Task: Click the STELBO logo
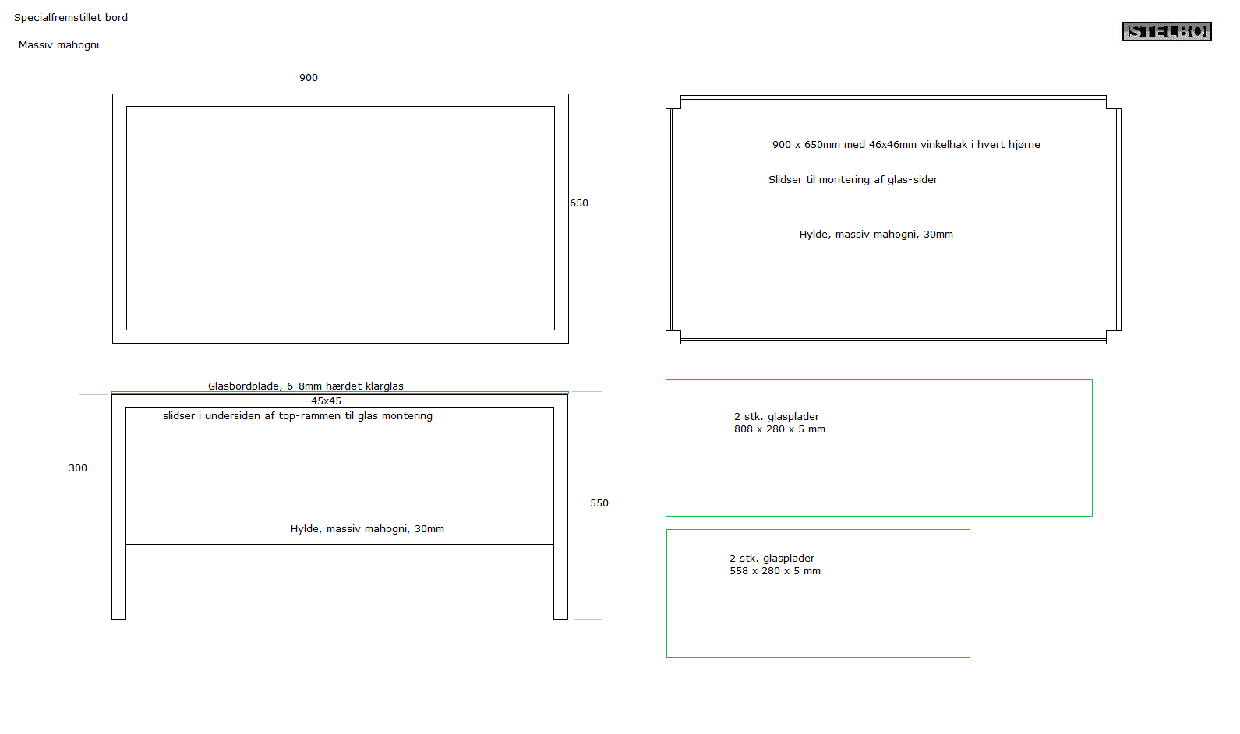pyautogui.click(x=1167, y=31)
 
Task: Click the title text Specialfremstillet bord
pyautogui.click(x=71, y=18)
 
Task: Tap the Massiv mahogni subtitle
pyautogui.click(x=58, y=45)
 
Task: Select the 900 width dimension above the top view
pyautogui.click(x=309, y=77)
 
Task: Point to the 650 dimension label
pyautogui.click(x=579, y=203)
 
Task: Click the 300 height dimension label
pyautogui.click(x=78, y=468)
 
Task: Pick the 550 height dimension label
pyautogui.click(x=599, y=503)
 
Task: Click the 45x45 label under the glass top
pyautogui.click(x=326, y=401)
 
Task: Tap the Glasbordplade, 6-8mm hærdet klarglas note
pyautogui.click(x=306, y=386)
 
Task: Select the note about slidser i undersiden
pyautogui.click(x=297, y=416)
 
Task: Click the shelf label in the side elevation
pyautogui.click(x=367, y=528)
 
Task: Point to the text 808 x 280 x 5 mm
pyautogui.click(x=779, y=429)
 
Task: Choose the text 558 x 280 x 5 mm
pyautogui.click(x=775, y=570)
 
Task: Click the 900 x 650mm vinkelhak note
pyautogui.click(x=906, y=144)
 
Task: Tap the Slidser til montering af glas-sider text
pyautogui.click(x=853, y=179)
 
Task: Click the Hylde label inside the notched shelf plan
pyautogui.click(x=876, y=235)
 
